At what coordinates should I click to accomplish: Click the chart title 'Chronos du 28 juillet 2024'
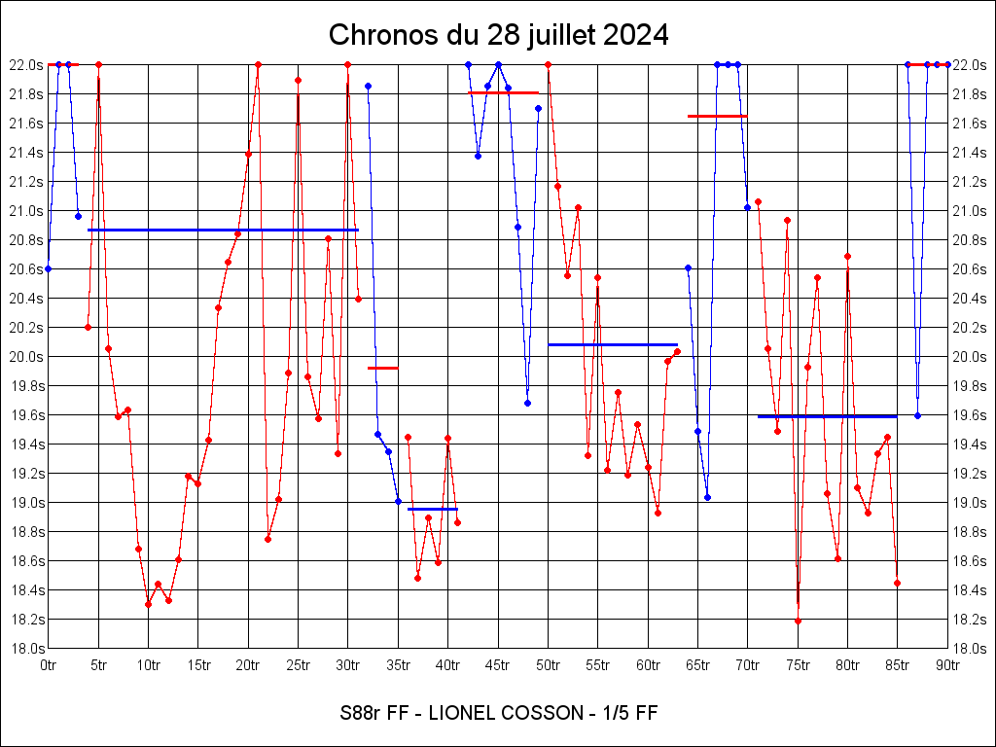pyautogui.click(x=498, y=35)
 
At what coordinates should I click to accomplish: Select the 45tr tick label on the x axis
pyautogui.click(x=497, y=665)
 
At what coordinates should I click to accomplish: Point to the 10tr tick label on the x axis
pyautogui.click(x=148, y=665)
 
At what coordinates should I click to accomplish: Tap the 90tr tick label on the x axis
pyautogui.click(x=947, y=665)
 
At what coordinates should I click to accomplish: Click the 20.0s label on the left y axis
pyautogui.click(x=26, y=356)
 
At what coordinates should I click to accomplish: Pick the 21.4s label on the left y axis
pyautogui.click(x=26, y=152)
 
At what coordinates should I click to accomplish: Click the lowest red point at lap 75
pyautogui.click(x=798, y=621)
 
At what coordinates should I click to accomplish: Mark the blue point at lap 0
pyautogui.click(x=48, y=268)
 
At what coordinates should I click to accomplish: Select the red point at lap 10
pyautogui.click(x=148, y=604)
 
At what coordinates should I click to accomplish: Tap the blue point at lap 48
pyautogui.click(x=527, y=403)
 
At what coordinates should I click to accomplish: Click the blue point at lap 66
pyautogui.click(x=707, y=497)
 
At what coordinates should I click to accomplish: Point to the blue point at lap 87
pyautogui.click(x=917, y=415)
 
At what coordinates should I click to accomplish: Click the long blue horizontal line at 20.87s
pyautogui.click(x=223, y=230)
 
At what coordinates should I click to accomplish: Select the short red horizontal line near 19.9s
pyautogui.click(x=382, y=368)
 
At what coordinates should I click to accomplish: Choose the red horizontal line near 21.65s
pyautogui.click(x=717, y=116)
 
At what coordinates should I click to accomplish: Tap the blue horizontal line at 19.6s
pyautogui.click(x=827, y=416)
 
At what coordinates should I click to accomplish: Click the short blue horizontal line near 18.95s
pyautogui.click(x=432, y=509)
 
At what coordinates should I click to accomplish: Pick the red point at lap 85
pyautogui.click(x=897, y=583)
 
